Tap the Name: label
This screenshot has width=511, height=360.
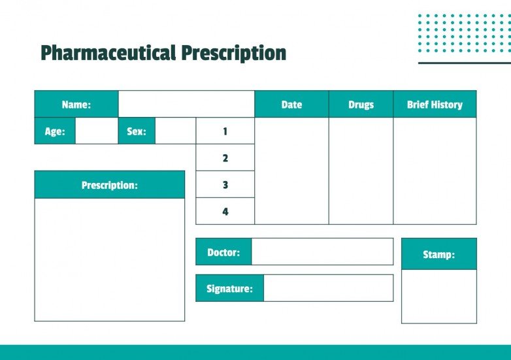[76, 105]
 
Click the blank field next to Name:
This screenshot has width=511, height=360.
[186, 105]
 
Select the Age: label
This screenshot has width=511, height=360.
[55, 131]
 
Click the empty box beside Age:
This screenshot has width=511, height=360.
[97, 131]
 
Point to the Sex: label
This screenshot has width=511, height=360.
[137, 131]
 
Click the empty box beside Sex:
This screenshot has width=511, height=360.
[175, 131]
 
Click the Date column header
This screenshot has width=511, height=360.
[291, 105]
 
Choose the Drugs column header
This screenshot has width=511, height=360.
[361, 105]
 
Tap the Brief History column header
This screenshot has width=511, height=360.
[435, 105]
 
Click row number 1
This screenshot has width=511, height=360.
[225, 131]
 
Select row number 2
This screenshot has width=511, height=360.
[225, 158]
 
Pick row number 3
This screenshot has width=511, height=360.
[225, 185]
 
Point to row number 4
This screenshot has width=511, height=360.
[225, 212]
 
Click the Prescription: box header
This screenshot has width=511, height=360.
[110, 185]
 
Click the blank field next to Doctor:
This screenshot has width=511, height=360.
[322, 252]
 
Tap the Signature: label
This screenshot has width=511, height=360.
[229, 288]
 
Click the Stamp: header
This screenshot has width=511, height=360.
[438, 254]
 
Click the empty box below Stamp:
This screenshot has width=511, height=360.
[438, 296]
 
